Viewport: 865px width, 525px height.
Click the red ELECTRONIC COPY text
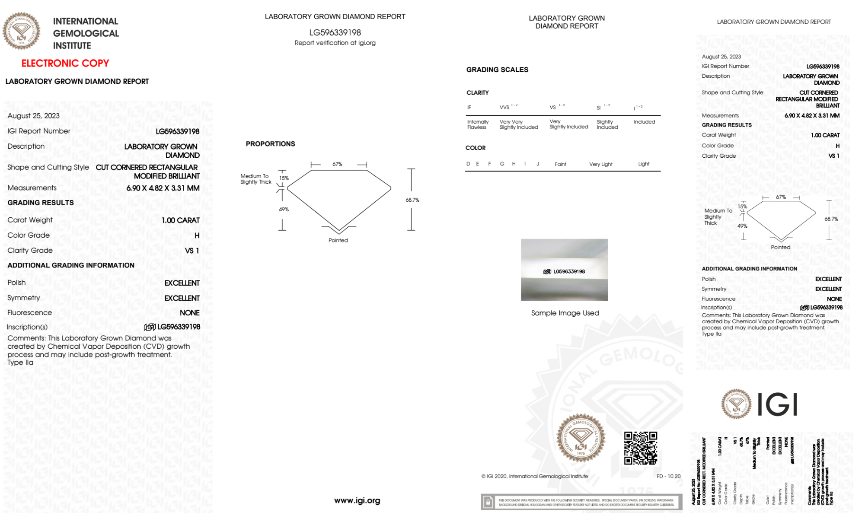(65, 64)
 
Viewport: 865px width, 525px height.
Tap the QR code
(640, 448)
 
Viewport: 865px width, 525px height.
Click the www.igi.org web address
(357, 500)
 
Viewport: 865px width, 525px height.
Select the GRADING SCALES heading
(497, 70)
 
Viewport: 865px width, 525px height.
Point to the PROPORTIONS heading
(270, 144)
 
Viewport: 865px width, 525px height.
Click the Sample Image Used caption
(565, 313)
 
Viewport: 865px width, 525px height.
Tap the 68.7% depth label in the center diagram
(412, 200)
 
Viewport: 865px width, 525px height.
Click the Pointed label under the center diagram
(338, 240)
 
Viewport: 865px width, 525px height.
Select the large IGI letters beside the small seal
(778, 404)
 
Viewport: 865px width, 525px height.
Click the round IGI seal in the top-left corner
(21, 31)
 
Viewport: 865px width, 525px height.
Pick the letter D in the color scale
(468, 164)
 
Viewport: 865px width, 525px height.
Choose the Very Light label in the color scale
(600, 164)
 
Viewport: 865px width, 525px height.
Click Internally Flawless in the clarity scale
(478, 124)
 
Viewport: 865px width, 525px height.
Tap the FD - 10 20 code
(668, 476)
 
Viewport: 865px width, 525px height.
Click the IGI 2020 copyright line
(535, 476)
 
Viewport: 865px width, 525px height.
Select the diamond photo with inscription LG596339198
(564, 270)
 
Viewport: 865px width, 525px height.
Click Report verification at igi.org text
(335, 43)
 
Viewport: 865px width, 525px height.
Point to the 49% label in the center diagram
(284, 210)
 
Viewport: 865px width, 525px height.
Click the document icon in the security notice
(488, 502)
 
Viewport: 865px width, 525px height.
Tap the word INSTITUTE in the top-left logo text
(72, 46)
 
